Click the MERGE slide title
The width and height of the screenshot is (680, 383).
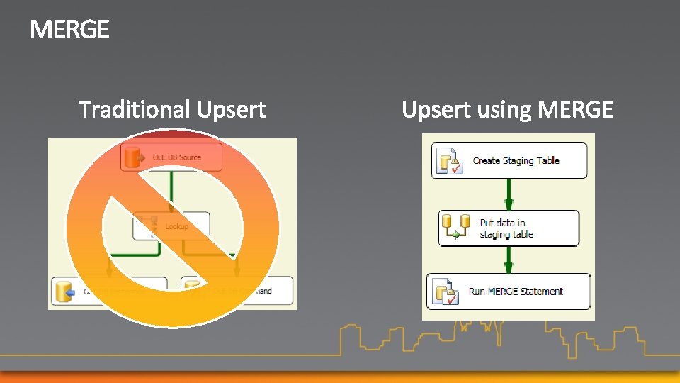[69, 30]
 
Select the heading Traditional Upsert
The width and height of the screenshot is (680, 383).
[171, 110]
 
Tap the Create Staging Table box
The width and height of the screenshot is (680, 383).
[509, 160]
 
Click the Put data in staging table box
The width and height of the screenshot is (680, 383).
[508, 228]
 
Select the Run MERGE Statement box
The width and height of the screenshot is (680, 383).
[508, 292]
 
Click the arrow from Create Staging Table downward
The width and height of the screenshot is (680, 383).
[508, 194]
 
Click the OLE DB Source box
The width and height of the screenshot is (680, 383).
[171, 157]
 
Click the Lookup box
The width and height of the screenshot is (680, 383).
[171, 226]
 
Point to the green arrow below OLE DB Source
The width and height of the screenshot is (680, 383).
[171, 191]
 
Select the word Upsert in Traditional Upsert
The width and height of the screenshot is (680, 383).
[231, 110]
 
